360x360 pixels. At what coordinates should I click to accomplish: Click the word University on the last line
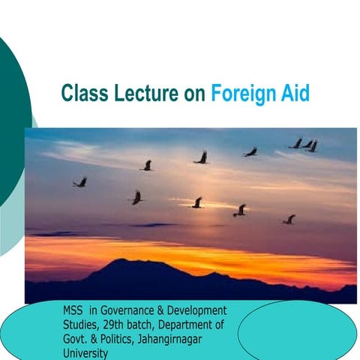point(85,350)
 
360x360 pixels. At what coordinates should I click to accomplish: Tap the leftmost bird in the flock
point(79,182)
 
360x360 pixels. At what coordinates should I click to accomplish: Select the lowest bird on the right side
point(289,220)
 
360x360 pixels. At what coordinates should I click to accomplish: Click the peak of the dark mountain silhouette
point(123,262)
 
